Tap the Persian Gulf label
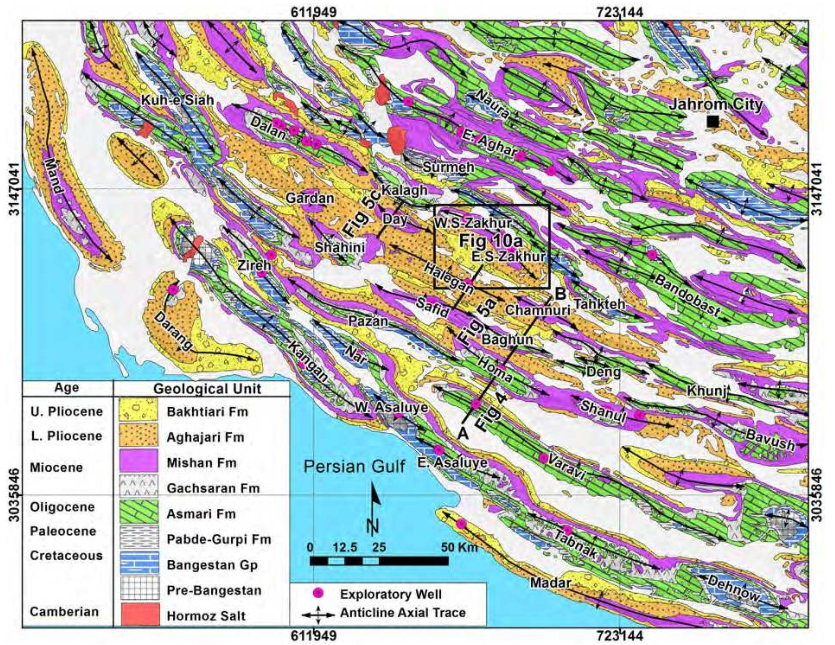pos(354,466)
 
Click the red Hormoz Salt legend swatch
pos(139,615)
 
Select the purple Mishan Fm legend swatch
pos(139,462)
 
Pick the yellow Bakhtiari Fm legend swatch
pos(139,410)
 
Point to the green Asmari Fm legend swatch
pos(139,514)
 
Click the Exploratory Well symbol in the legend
pos(318,594)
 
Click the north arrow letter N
pos(373,526)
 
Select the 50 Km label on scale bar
pos(459,547)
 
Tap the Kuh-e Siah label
pos(177,100)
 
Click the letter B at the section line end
pos(560,294)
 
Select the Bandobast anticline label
pos(687,296)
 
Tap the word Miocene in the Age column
pos(57,467)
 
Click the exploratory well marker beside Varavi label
pos(543,457)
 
